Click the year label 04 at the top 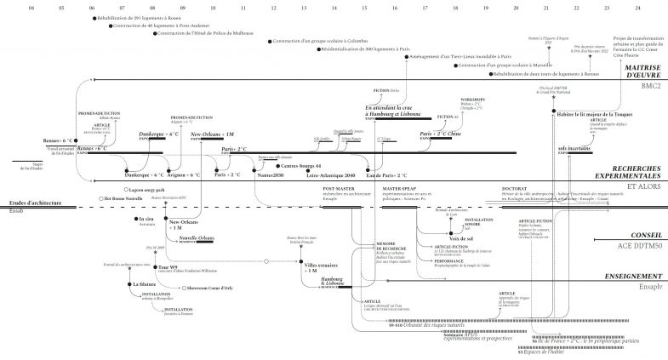pos(31,8)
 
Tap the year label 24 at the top pos(637,8)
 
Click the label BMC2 pos(652,86)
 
